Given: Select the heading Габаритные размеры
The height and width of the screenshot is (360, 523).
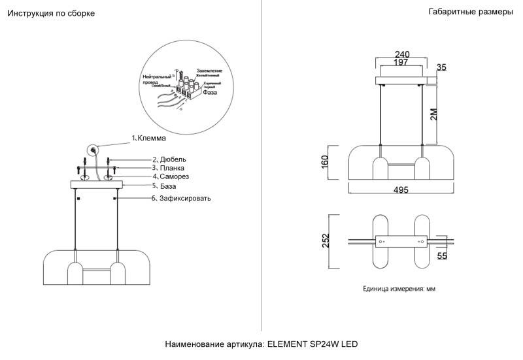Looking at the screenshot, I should [x=471, y=12].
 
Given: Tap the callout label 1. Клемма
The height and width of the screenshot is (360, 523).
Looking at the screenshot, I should [x=149, y=139].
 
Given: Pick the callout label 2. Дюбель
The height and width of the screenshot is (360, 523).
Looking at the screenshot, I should [x=169, y=159].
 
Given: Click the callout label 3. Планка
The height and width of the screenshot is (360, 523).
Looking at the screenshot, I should [x=169, y=168].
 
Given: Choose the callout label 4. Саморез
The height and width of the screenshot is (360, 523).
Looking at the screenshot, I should [x=171, y=177].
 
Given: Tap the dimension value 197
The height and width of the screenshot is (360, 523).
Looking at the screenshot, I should [x=402, y=63].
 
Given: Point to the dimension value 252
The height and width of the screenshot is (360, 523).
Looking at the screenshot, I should [x=334, y=240].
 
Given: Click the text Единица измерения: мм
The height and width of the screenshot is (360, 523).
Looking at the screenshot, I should [x=399, y=288].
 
